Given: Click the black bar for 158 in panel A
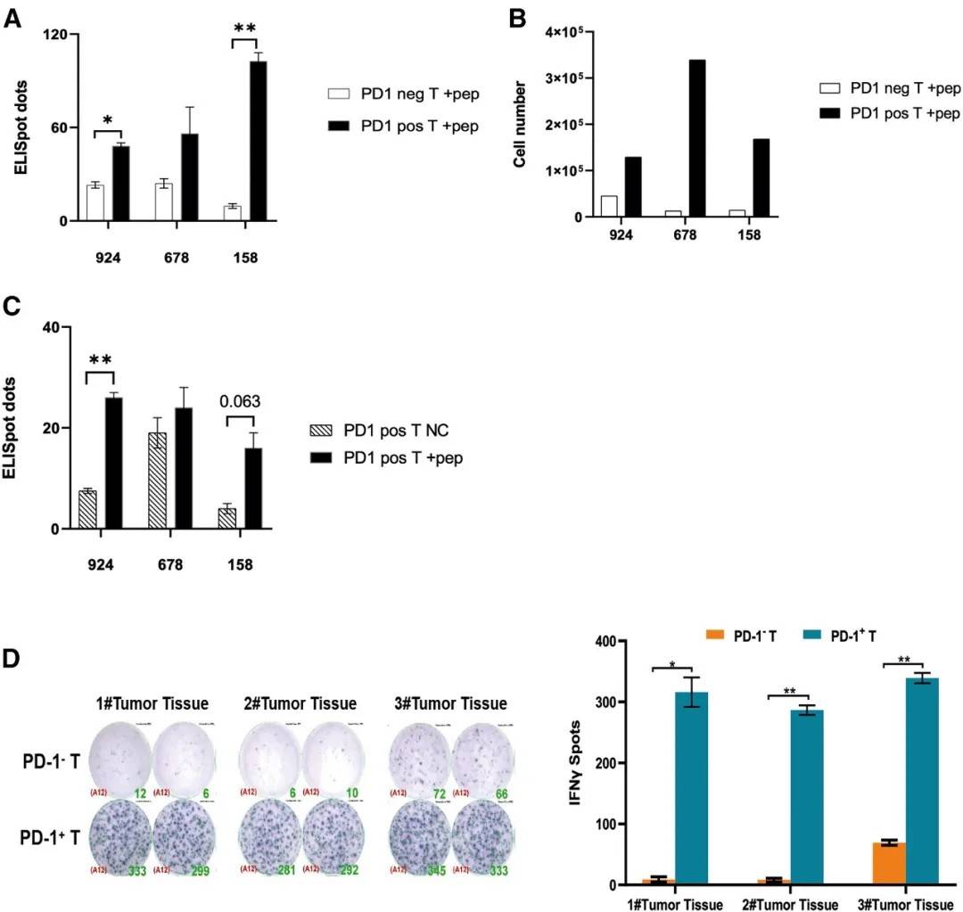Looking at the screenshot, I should click(259, 141).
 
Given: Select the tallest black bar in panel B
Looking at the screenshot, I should click(697, 138).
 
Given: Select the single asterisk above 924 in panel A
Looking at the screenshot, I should click(107, 119).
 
